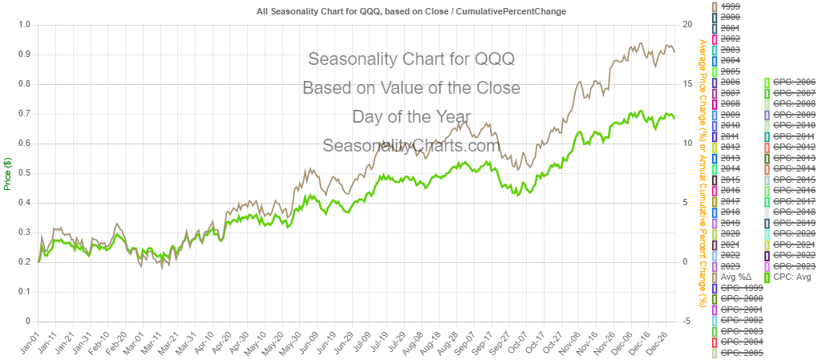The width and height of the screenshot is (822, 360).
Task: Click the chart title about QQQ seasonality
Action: click(x=411, y=11)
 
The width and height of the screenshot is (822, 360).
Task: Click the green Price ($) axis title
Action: click(x=7, y=172)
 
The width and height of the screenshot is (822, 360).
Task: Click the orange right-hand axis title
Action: click(x=703, y=172)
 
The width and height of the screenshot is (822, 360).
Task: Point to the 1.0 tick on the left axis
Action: click(x=23, y=24)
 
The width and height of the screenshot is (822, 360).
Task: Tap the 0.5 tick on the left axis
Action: click(x=23, y=172)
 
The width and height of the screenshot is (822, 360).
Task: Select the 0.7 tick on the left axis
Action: click(x=23, y=113)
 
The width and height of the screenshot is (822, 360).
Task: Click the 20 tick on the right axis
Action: click(x=686, y=24)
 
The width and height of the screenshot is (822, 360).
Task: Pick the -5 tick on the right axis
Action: click(x=686, y=321)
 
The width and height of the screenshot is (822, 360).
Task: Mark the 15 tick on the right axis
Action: click(x=686, y=83)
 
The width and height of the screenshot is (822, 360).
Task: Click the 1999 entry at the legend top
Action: click(x=731, y=6)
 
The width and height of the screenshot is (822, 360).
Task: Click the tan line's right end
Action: click(x=674, y=52)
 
